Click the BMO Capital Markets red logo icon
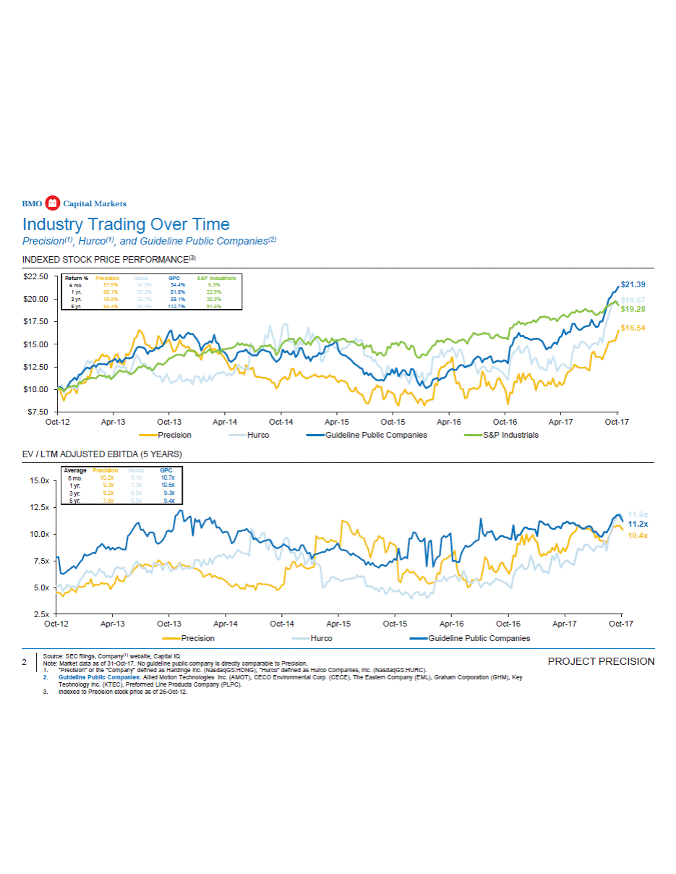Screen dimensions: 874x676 pos(52,203)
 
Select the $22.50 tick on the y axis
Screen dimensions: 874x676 pos(35,276)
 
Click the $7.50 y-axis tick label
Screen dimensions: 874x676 pos(38,412)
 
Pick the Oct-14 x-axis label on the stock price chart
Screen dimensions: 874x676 pos(281,421)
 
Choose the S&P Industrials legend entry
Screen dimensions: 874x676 pos(510,435)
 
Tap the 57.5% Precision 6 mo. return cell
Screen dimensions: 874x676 pos(111,285)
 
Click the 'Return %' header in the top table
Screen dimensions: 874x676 pos(77,278)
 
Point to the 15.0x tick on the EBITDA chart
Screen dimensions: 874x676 pos(38,480)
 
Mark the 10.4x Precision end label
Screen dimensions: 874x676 pos(638,535)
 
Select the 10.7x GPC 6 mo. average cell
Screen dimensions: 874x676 pos(168,478)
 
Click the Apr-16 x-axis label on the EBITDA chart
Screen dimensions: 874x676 pos(452,623)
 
